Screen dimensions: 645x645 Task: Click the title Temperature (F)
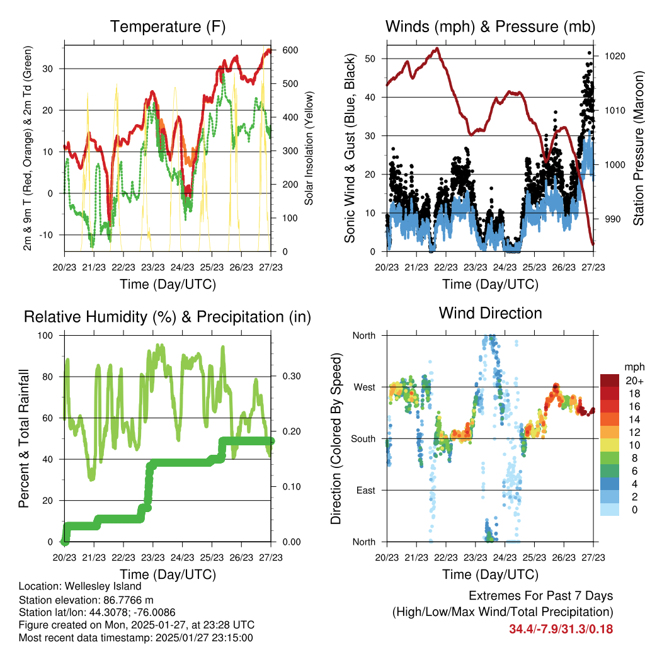(x=168, y=27)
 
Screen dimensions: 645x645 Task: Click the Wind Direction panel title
(x=490, y=313)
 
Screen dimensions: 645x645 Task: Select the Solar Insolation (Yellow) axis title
(x=309, y=148)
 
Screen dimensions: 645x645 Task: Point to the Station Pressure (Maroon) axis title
(x=638, y=148)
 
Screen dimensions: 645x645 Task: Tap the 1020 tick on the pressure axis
(x=614, y=56)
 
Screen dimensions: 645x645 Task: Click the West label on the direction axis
(x=365, y=387)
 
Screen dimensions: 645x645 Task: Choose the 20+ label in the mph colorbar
(x=634, y=380)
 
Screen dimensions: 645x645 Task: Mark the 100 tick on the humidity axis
(x=47, y=335)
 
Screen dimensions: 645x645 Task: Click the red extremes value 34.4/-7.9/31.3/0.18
(x=561, y=629)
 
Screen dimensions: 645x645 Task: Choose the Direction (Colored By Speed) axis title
(x=336, y=438)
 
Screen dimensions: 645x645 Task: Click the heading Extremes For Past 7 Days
(x=540, y=596)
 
